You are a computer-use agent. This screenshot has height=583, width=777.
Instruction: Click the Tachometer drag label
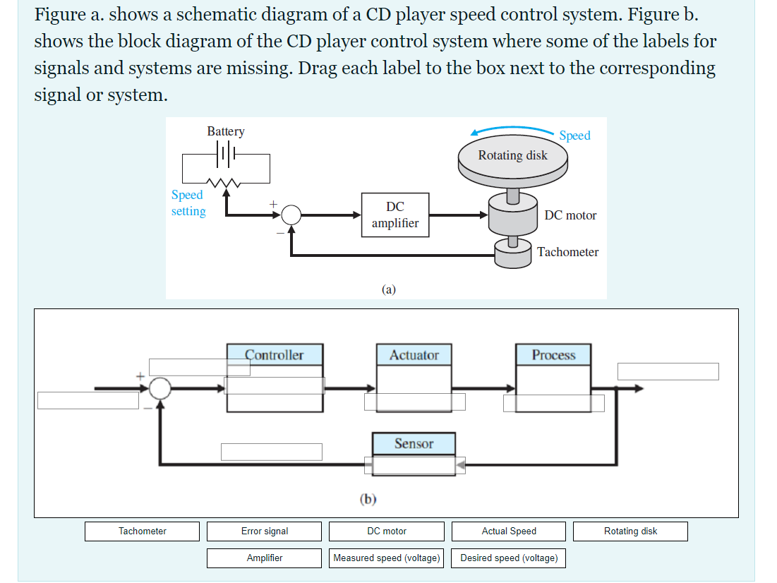click(143, 531)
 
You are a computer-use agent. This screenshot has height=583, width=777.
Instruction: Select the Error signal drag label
click(265, 531)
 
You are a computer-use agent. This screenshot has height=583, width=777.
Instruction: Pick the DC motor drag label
click(387, 531)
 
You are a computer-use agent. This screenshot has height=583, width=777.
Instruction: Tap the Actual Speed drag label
click(509, 531)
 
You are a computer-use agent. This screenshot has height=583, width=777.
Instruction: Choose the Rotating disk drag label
click(630, 531)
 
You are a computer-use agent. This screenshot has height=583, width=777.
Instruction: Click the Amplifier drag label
click(265, 558)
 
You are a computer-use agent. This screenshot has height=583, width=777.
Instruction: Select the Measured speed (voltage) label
click(387, 558)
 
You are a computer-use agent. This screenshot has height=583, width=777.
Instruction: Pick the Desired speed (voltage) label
click(509, 558)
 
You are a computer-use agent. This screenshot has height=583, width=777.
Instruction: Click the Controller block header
click(275, 355)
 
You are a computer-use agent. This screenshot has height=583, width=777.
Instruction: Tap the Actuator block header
click(414, 355)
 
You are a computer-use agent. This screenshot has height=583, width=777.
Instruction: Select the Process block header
click(553, 355)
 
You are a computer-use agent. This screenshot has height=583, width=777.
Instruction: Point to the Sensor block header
click(414, 443)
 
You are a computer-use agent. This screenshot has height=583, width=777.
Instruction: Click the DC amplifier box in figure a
click(395, 215)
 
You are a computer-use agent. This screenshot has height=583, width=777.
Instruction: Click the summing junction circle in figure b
click(161, 387)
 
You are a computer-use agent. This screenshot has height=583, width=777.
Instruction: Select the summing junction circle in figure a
click(291, 215)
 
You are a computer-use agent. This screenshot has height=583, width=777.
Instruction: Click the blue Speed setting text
click(188, 203)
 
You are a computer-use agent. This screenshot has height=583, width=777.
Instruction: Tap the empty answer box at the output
click(668, 371)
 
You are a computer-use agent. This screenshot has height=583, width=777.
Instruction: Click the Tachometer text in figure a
click(567, 252)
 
